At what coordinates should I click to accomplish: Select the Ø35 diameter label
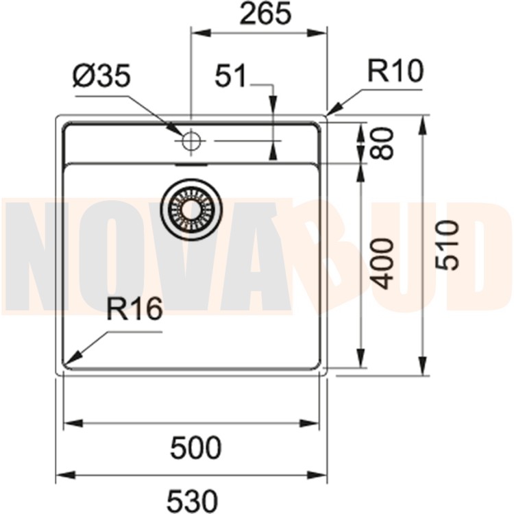point(101,77)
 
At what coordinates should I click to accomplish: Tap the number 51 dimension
point(230,77)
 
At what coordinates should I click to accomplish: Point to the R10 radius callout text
point(395,71)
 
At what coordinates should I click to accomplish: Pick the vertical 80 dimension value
point(384,143)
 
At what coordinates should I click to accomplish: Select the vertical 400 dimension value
point(384,263)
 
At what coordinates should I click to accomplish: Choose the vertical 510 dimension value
point(446,245)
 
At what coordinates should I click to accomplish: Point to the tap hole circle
point(191,141)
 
